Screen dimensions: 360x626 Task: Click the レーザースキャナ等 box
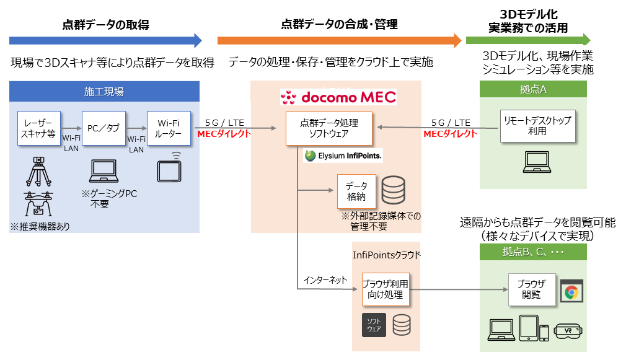pos(40,128)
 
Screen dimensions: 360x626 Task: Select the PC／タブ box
pos(104,128)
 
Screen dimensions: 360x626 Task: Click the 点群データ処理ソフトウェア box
pos(329,128)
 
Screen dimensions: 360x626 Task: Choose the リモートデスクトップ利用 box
pos(537,126)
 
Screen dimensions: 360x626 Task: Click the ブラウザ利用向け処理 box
pos(386,289)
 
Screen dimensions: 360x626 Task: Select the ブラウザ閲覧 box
pos(531,289)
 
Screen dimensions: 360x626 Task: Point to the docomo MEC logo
pos(338,97)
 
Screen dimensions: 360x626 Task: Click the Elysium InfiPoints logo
pos(343,156)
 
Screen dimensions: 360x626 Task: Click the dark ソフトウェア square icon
pos(374,325)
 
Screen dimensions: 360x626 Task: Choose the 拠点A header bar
pos(533,89)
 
